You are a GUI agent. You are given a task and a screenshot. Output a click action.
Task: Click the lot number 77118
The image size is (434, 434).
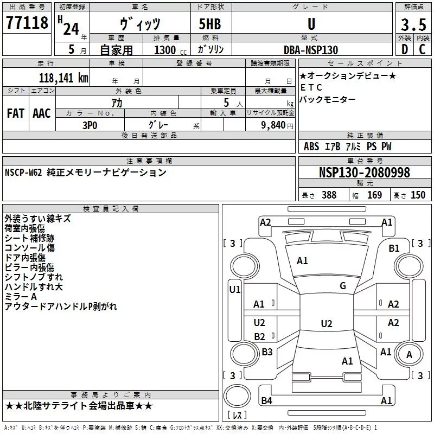[x=27, y=23]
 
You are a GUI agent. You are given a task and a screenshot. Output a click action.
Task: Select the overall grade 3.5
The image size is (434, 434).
[x=413, y=24]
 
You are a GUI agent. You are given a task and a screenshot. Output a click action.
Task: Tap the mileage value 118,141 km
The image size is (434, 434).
[x=63, y=78]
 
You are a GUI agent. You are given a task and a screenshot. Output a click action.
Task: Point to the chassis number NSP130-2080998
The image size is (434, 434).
[x=364, y=172]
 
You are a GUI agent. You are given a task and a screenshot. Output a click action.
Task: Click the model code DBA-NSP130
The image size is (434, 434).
[x=311, y=50]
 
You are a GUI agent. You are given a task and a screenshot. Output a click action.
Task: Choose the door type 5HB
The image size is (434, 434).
[x=210, y=24]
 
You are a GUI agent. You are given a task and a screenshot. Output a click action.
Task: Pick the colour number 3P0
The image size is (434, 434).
[x=90, y=125]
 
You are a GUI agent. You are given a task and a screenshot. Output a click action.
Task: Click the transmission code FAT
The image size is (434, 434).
[x=16, y=113]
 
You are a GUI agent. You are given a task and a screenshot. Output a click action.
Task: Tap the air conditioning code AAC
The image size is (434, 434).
[x=42, y=113]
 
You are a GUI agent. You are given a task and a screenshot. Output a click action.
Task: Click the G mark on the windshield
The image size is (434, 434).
[x=343, y=285]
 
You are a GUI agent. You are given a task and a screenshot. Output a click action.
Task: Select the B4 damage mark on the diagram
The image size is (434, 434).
[x=266, y=400]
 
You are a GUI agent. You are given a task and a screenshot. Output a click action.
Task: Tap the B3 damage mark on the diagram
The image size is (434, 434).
[x=267, y=352]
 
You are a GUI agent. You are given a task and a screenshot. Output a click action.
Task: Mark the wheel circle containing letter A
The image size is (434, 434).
[x=410, y=354]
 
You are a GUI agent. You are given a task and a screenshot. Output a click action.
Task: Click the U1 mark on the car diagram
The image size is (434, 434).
[x=235, y=290]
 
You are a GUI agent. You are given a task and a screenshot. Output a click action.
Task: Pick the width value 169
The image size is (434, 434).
[x=374, y=195]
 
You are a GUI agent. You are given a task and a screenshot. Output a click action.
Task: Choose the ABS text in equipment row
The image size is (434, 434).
[x=311, y=146]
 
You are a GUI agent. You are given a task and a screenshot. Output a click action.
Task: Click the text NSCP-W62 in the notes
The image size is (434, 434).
[x=23, y=173]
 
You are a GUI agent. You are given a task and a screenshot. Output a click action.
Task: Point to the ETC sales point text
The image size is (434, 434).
[x=311, y=87]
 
